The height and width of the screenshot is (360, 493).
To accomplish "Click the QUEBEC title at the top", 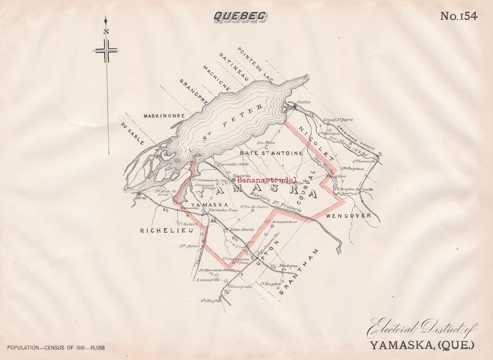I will coord(240,16).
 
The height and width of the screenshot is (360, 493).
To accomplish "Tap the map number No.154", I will coord(459,16).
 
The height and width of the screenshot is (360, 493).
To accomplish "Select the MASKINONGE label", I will coord(164,116).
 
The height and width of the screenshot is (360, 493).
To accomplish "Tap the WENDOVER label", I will coord(349,215).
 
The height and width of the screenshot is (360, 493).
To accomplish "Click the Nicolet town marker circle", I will coord(295,107).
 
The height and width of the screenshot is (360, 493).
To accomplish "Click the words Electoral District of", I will coord(422,328).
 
